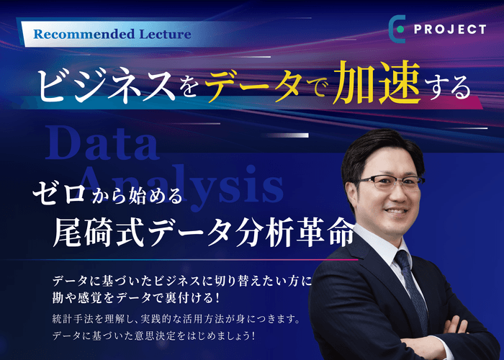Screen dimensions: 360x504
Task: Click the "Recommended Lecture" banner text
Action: pos(112,33)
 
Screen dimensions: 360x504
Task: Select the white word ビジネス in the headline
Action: pos(105,85)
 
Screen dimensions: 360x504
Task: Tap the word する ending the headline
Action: pos(446,86)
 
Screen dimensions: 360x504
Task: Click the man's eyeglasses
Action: pos(389,184)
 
